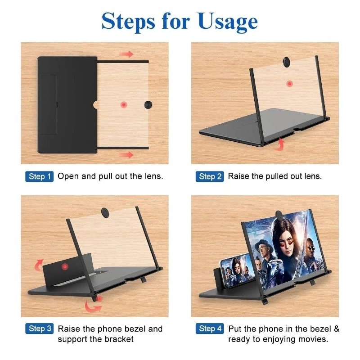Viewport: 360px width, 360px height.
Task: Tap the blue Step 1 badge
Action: coord(39,176)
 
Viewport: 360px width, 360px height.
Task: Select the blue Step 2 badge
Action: coord(210,176)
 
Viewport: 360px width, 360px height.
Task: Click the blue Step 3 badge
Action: coord(39,328)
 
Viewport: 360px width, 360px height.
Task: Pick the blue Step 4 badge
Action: coord(210,328)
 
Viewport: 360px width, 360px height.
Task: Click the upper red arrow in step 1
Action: coord(126,54)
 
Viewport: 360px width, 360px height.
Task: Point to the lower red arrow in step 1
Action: coord(126,155)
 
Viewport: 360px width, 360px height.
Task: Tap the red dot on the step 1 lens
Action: coord(124,105)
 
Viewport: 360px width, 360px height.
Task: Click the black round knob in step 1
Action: coord(148,105)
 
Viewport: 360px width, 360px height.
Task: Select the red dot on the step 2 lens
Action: coord(290,84)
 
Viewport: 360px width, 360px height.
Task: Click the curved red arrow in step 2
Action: coord(280,144)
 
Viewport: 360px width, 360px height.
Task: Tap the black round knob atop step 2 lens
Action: coord(287,62)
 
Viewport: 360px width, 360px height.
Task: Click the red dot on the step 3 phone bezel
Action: coord(65,266)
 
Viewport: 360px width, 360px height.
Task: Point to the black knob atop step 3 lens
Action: coord(105,212)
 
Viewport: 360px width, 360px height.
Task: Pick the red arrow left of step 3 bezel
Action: coord(39,265)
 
